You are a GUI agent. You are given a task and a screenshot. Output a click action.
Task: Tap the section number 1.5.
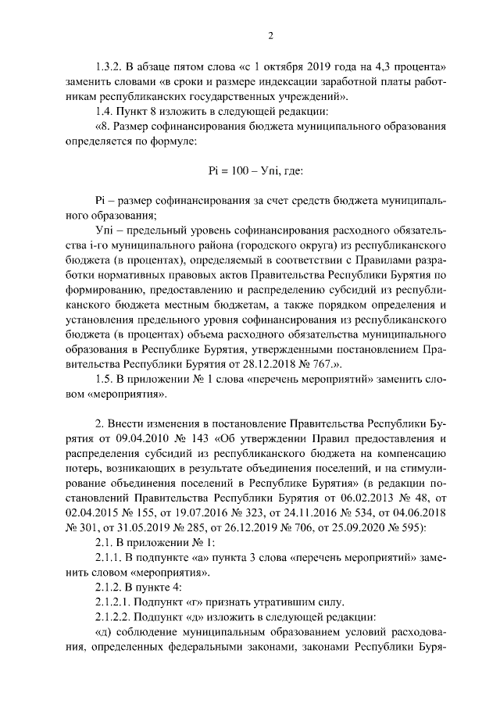click(x=104, y=377)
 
